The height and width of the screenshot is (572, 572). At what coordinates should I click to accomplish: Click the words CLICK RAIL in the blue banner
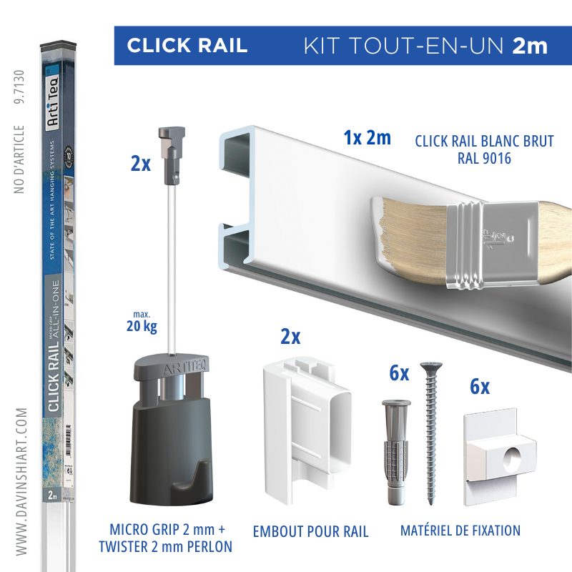click(x=187, y=46)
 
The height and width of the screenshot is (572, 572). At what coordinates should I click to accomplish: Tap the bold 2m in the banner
click(x=530, y=46)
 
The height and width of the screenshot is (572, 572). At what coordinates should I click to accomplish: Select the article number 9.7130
click(x=19, y=87)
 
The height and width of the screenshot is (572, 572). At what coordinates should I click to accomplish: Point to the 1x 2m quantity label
click(x=367, y=138)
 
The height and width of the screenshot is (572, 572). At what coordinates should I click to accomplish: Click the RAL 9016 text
click(x=484, y=159)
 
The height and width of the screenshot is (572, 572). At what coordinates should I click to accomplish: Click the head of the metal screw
click(x=429, y=368)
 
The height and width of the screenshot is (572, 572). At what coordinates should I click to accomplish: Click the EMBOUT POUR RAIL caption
click(x=310, y=531)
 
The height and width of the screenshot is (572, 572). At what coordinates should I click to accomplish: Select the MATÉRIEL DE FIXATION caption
click(x=460, y=531)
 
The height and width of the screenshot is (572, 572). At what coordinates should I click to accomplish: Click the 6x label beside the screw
click(x=398, y=373)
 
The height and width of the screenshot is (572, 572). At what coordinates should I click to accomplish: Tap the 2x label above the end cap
click(x=290, y=337)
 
